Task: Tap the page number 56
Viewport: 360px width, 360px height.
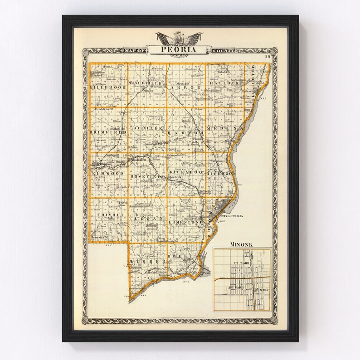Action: (268, 56)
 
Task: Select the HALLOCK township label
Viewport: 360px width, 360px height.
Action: (224, 83)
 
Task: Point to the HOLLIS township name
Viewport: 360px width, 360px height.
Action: (185, 257)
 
